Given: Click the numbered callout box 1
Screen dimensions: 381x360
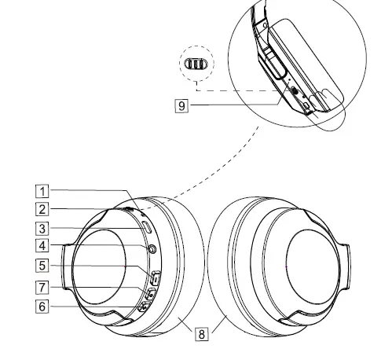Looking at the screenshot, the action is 42,191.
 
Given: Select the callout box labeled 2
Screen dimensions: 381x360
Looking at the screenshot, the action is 42,209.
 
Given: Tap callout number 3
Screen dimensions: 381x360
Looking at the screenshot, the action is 42,229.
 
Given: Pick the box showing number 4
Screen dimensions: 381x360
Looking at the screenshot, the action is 42,246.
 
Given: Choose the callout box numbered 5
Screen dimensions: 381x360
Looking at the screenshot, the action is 42,266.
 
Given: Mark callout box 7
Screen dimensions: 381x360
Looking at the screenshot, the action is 42,287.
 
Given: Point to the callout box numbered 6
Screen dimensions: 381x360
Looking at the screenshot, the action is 42,307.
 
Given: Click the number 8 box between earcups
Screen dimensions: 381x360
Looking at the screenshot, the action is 202,334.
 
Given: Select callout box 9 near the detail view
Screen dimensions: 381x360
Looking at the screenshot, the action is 181,106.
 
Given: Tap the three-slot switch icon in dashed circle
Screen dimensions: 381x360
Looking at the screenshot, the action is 196,64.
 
